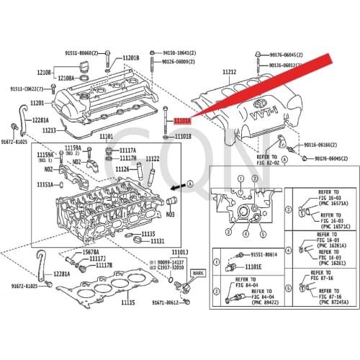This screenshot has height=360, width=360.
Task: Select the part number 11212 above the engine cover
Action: click(229, 72)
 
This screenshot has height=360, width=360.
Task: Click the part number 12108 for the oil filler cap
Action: click(44, 73)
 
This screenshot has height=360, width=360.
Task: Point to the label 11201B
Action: click(130, 57)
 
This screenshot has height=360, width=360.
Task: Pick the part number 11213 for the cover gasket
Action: click(49, 130)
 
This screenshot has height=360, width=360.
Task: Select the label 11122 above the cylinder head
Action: click(153, 158)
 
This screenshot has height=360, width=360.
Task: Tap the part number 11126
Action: click(122, 169)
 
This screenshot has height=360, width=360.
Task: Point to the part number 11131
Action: click(157, 241)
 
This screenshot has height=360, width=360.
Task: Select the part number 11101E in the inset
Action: click(256, 266)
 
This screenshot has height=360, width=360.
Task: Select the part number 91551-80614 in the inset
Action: click(266, 255)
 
